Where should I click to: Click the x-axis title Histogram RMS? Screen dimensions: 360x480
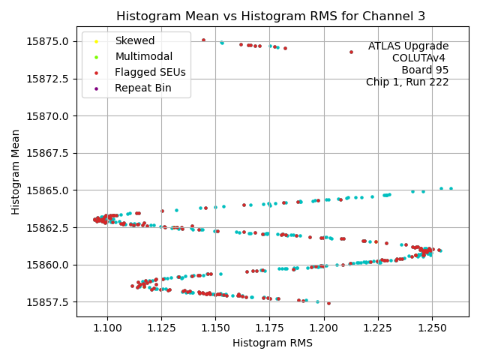(272, 343)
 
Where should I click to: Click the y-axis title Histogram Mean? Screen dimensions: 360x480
(16, 172)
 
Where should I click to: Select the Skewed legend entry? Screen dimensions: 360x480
(134, 40)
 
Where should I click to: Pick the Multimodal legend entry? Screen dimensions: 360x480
(143, 56)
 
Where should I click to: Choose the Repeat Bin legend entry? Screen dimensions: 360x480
(142, 88)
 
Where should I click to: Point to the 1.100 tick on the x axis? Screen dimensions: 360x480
(107, 328)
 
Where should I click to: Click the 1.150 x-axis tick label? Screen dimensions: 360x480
(215, 328)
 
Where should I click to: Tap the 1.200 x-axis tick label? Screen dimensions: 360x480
(323, 328)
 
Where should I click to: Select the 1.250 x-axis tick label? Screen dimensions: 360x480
(431, 328)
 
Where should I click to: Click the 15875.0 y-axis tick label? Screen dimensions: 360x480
(48, 41)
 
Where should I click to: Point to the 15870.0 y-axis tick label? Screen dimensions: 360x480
(48, 115)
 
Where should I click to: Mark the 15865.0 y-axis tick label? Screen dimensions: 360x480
(48, 190)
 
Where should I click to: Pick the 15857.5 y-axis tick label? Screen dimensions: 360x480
(48, 302)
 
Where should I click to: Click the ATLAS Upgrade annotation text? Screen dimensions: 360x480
(408, 46)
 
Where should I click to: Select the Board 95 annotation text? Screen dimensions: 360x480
(424, 70)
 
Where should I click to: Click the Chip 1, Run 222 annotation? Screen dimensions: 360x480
(407, 82)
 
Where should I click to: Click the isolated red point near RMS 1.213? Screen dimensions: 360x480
(351, 52)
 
